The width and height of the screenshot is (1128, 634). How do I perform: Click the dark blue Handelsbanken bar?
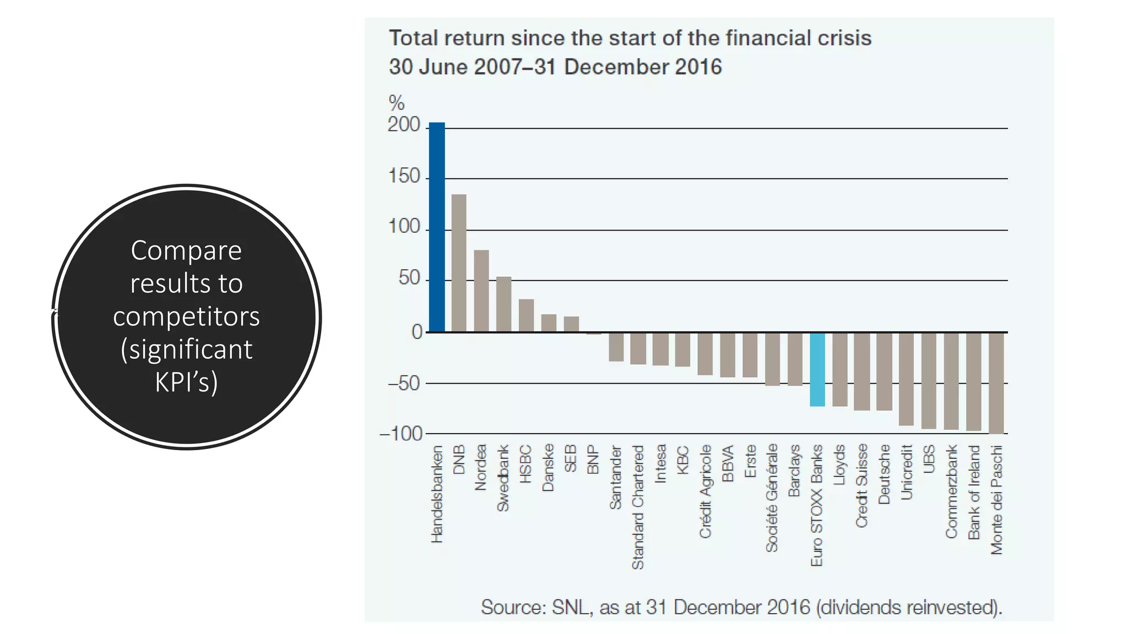point(437,227)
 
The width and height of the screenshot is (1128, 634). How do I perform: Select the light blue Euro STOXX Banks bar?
point(817,369)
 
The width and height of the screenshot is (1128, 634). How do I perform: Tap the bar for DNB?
point(459,263)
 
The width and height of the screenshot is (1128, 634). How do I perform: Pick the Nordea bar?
point(481,291)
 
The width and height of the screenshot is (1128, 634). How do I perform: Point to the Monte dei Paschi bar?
point(996,383)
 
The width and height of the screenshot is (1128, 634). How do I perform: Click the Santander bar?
point(616,347)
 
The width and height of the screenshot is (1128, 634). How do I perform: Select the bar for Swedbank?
point(504,304)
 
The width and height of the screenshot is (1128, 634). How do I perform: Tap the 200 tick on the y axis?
point(404,125)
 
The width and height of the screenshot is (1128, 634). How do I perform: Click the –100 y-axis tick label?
point(401,434)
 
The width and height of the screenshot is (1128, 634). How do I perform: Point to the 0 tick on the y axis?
point(417,332)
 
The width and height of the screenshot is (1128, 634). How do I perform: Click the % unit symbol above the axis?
point(397,103)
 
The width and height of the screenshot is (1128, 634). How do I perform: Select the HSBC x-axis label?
point(525,464)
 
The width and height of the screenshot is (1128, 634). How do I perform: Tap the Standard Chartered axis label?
point(638,507)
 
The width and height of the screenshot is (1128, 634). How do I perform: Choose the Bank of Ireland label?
point(974,492)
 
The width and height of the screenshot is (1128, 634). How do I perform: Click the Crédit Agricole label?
point(705,491)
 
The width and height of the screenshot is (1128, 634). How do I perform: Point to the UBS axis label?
point(929,458)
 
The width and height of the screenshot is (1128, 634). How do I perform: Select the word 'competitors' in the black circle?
point(186,316)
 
